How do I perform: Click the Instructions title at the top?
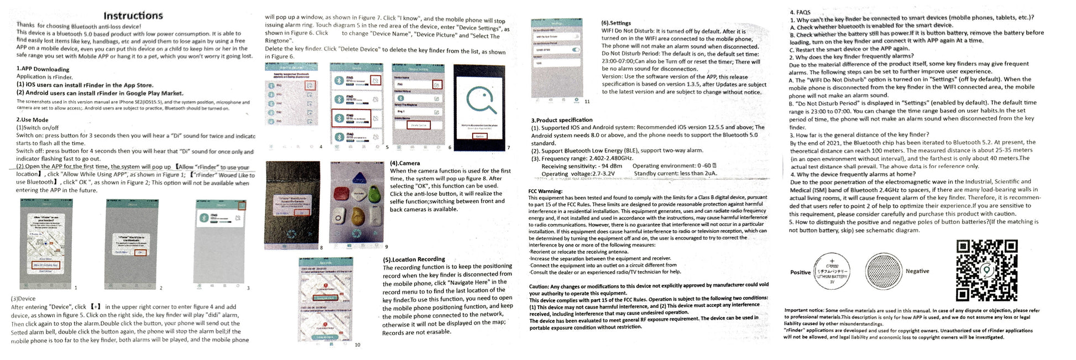coord(133,15)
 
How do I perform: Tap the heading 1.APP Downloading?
coord(43,69)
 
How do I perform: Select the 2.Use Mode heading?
coord(32,119)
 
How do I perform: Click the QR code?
coord(986,270)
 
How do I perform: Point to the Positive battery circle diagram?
coord(832,272)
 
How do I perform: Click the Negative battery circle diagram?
coord(884,272)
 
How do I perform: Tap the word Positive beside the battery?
coord(800,273)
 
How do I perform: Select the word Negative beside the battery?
coord(917,271)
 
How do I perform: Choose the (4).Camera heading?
coord(405,163)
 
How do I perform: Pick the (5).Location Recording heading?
coord(414,259)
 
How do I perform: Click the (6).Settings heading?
coord(616,23)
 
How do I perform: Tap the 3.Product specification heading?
coord(562,120)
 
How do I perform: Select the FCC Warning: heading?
coord(545,191)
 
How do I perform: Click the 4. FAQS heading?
coord(800,12)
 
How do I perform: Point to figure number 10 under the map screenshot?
coord(357,345)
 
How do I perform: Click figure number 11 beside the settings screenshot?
coord(587,102)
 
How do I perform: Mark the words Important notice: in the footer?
coord(804,310)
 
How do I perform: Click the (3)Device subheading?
coord(23,298)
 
